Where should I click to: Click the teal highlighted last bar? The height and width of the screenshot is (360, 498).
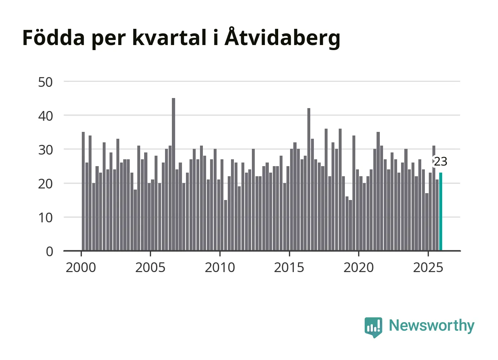click(441, 212)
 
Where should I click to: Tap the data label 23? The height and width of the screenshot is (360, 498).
click(440, 161)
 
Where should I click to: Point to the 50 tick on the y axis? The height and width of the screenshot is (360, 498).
click(45, 82)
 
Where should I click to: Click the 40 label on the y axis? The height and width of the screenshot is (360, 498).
click(45, 116)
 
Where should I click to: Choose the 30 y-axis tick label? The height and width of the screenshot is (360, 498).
click(45, 150)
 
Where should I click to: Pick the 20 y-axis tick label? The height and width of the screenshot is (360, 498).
click(45, 184)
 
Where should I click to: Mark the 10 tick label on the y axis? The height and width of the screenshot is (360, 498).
click(45, 218)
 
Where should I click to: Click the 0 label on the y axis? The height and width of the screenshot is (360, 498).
click(49, 252)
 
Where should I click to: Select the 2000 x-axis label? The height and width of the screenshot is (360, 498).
click(81, 267)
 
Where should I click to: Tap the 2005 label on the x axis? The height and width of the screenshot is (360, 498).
click(150, 267)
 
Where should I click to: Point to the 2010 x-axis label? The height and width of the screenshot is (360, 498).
click(220, 267)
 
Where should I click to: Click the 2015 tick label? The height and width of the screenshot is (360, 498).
click(289, 267)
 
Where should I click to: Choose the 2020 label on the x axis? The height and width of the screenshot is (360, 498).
click(359, 267)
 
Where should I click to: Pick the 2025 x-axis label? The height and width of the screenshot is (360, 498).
click(428, 267)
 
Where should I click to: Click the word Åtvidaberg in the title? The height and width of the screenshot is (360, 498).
click(283, 37)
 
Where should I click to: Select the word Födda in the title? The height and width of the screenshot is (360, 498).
click(53, 37)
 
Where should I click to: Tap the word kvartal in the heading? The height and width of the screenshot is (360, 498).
click(169, 37)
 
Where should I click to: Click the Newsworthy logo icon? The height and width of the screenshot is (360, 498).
click(373, 327)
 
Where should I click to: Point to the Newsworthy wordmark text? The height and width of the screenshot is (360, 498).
click(431, 325)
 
